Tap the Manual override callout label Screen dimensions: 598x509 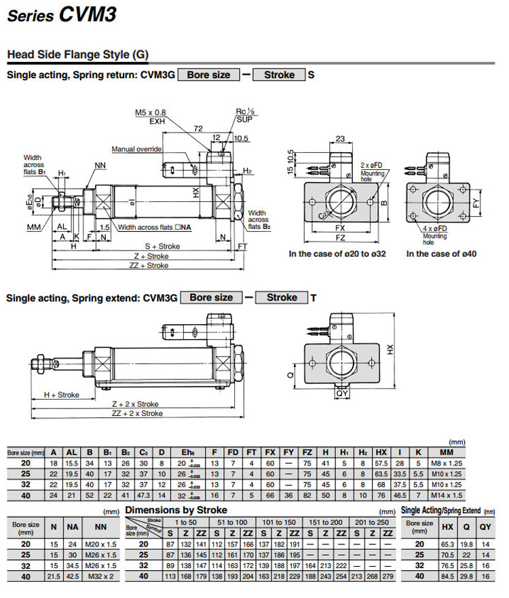pyautogui.click(x=136, y=149)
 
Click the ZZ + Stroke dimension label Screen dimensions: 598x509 pyautogui.click(x=147, y=265)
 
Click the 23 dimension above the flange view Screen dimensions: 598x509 pyautogui.click(x=339, y=139)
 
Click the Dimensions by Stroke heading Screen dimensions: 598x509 pyautogui.click(x=176, y=510)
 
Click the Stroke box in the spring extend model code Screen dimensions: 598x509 pyautogui.click(x=282, y=298)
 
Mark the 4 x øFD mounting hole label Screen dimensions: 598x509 pyautogui.click(x=432, y=230)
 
